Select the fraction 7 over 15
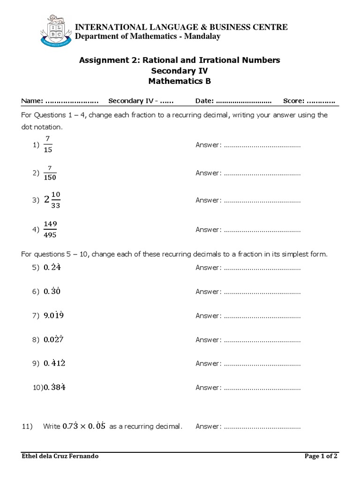48,146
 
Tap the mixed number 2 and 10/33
52,200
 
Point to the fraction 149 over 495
51,230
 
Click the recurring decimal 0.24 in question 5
52,268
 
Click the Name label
32,101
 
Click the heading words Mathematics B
180,81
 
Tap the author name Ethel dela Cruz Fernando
60,456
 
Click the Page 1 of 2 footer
321,456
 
